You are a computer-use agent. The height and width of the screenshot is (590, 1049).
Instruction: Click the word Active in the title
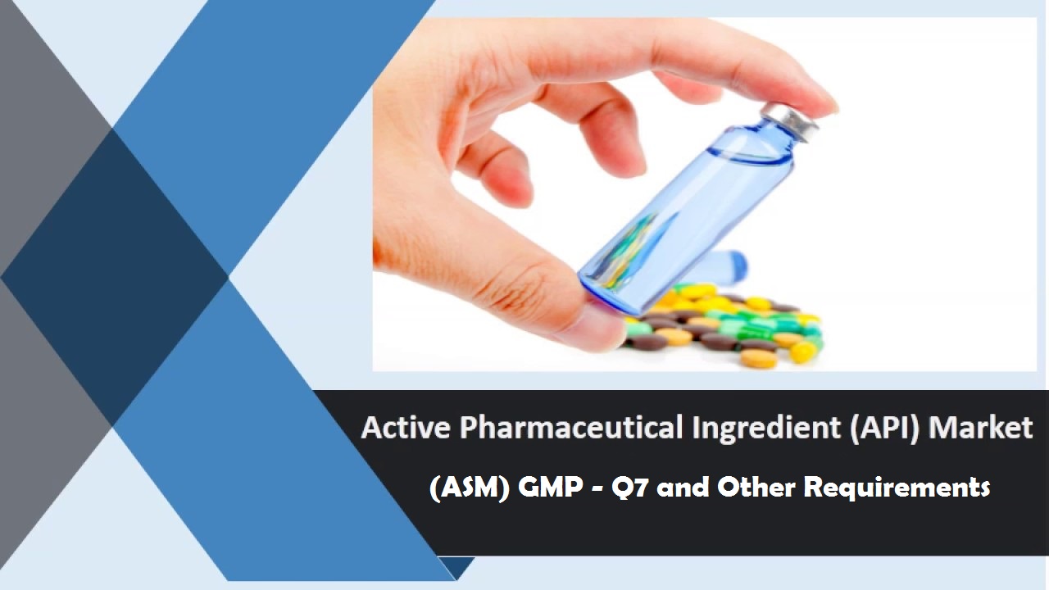click(x=406, y=427)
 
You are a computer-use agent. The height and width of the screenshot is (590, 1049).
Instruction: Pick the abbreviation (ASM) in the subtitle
click(x=470, y=488)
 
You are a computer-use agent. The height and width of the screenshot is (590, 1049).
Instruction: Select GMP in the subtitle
click(x=550, y=487)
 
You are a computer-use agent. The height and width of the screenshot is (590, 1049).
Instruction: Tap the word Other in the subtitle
click(x=756, y=487)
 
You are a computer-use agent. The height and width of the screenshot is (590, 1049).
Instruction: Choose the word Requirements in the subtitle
click(x=897, y=488)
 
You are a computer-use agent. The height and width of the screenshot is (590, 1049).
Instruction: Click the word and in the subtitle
click(x=683, y=487)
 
